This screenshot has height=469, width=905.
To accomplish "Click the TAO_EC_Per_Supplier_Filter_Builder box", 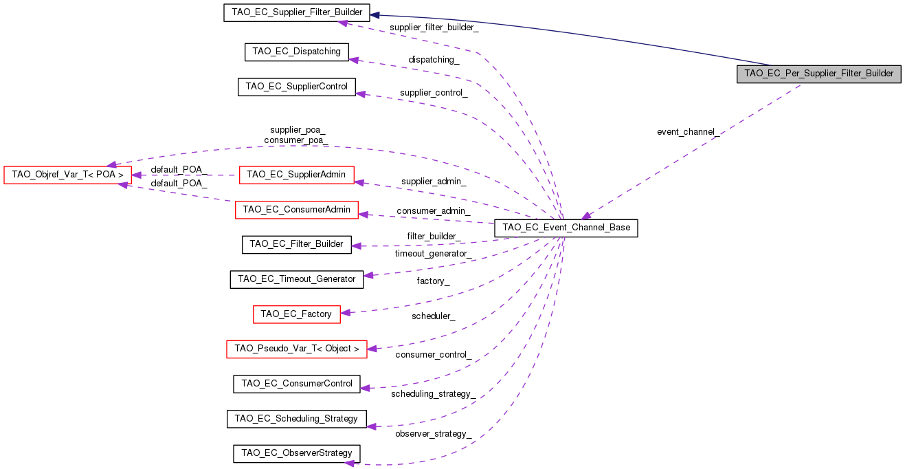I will (x=818, y=74).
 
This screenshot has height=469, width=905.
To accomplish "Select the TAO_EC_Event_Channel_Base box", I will (x=566, y=228).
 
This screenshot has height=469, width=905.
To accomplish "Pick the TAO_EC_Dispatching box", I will (x=297, y=52).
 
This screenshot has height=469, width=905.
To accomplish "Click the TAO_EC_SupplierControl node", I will (x=297, y=87).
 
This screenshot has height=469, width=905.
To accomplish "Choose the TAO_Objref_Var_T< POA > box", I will (x=67, y=175).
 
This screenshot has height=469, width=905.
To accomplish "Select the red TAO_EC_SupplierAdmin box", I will (x=296, y=175).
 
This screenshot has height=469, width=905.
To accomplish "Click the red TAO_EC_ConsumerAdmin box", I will (x=296, y=210).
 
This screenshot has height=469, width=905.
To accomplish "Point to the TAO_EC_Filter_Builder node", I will (x=296, y=244).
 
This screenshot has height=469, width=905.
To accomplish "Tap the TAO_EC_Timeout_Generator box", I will (x=296, y=279).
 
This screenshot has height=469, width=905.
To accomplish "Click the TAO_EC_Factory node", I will (x=296, y=314).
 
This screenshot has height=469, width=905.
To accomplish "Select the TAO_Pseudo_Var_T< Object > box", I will (x=296, y=349).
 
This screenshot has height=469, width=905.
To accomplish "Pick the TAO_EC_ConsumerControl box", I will (x=296, y=384).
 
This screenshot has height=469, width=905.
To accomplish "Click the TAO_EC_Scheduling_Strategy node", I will (x=296, y=419).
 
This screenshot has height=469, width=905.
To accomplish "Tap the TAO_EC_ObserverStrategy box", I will (x=296, y=453).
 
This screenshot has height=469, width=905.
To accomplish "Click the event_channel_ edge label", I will (x=688, y=132).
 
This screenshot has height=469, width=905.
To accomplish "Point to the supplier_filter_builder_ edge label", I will (x=434, y=28).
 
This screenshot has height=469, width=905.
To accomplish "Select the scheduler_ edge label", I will (x=433, y=316).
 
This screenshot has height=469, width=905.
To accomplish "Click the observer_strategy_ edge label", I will (x=433, y=434).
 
